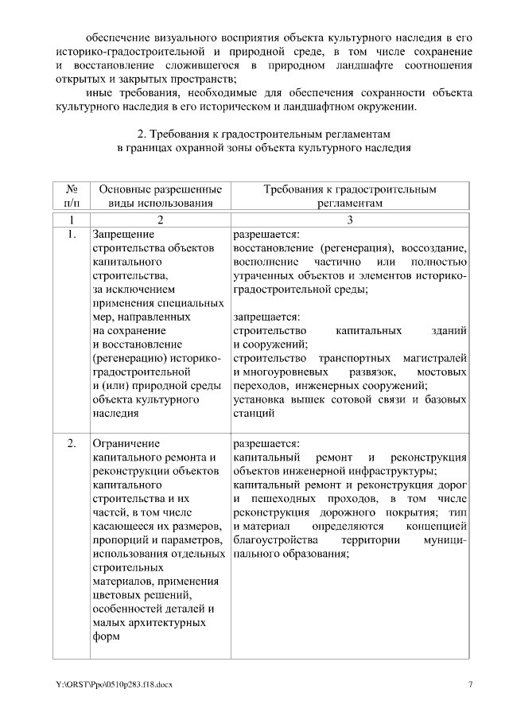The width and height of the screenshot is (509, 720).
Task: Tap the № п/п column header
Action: tap(72, 197)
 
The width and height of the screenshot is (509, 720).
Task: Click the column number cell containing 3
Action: tap(349, 219)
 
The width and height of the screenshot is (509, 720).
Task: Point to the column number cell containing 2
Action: tap(160, 219)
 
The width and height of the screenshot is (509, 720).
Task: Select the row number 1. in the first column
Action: tap(72, 234)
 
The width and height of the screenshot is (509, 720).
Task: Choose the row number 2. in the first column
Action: tap(72, 442)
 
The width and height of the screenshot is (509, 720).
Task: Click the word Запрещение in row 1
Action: tap(122, 234)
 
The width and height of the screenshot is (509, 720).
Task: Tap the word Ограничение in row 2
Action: tap(126, 442)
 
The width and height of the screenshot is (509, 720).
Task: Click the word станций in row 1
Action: tap(254, 414)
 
